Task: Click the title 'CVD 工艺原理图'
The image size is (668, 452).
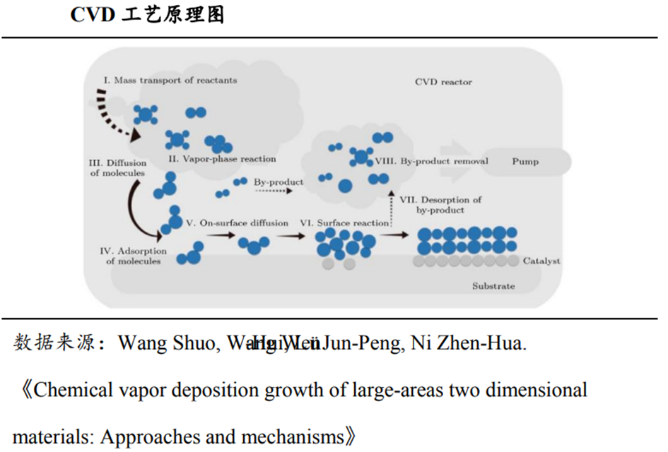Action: pos(147,16)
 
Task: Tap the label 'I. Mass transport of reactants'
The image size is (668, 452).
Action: pos(169,81)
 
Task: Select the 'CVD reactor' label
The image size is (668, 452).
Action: pos(443,82)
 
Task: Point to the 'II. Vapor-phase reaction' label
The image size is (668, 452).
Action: pos(222,159)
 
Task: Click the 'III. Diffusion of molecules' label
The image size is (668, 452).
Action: pos(118,168)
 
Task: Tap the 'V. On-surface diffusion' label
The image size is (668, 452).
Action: pos(237,222)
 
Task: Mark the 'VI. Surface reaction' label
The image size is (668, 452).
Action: pos(353,222)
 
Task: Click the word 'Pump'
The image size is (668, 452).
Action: pos(525,162)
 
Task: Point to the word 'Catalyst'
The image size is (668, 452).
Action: pos(541,261)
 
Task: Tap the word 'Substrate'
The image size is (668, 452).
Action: pos(493,286)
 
